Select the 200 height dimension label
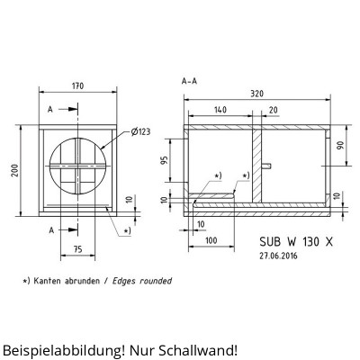[x=15, y=171]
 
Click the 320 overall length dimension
[x=257, y=93]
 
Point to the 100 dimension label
[x=209, y=241]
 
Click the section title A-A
[x=190, y=81]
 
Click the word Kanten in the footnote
[x=54, y=281]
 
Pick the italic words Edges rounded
[x=140, y=281]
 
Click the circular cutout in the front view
[x=77, y=166]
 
